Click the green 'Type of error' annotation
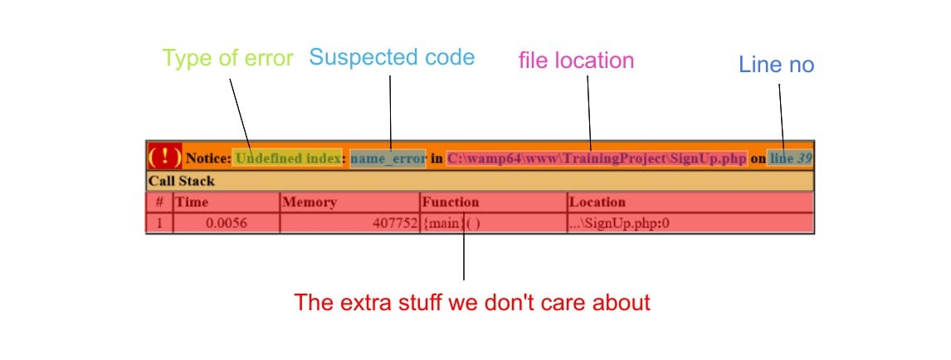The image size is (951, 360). (227, 59)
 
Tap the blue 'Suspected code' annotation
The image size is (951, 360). (392, 57)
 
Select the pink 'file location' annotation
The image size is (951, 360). (576, 60)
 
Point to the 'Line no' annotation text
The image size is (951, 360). (776, 65)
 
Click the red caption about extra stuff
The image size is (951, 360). (472, 303)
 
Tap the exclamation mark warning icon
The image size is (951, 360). (164, 156)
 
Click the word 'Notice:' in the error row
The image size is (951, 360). (208, 158)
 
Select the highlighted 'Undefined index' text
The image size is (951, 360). (288, 158)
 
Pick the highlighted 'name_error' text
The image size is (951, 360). (388, 158)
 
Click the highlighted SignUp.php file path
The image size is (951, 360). (597, 158)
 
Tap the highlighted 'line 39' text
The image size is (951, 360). (790, 158)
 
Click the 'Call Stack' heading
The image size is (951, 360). (182, 181)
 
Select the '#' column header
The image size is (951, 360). (159, 202)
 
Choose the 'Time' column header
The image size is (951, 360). (193, 202)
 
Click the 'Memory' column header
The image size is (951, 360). (310, 202)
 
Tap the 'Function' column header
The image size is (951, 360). (451, 202)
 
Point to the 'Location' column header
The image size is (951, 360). (598, 202)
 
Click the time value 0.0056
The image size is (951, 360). (226, 222)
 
